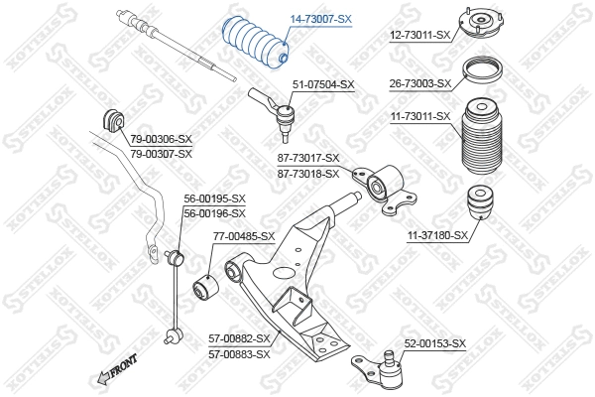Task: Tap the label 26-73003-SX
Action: [x=419, y=83]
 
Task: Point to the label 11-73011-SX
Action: [x=419, y=116]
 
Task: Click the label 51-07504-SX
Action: [x=323, y=84]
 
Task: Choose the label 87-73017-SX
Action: [x=308, y=158]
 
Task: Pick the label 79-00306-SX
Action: [x=161, y=140]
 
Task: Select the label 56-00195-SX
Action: [x=214, y=198]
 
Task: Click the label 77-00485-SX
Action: [x=244, y=236]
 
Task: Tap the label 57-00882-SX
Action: [x=239, y=338]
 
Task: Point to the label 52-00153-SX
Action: [x=434, y=343]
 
